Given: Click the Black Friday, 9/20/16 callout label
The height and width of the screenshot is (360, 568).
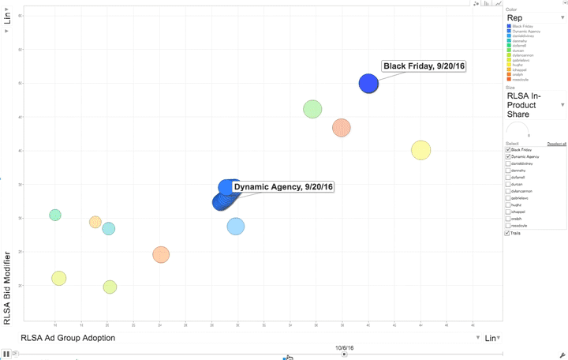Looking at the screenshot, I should pyautogui.click(x=424, y=66).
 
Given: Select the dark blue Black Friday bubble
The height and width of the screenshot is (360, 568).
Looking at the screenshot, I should pyautogui.click(x=368, y=83).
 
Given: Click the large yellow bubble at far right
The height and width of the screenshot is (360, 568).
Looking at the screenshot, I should pyautogui.click(x=420, y=150).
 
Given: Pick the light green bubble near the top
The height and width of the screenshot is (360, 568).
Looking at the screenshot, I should pyautogui.click(x=312, y=109).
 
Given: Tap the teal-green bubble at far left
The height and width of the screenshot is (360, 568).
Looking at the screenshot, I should pyautogui.click(x=54, y=215).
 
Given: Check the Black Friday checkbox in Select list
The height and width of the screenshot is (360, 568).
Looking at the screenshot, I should pyautogui.click(x=508, y=149).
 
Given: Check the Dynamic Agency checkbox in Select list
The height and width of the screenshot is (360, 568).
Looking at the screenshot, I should pyautogui.click(x=508, y=156).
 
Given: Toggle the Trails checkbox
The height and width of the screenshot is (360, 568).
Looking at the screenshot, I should pyautogui.click(x=508, y=233).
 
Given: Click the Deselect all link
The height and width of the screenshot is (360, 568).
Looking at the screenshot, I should pyautogui.click(x=557, y=144).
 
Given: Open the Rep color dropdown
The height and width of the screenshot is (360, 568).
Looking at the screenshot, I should pyautogui.click(x=535, y=17).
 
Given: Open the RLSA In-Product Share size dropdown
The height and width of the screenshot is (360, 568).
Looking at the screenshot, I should pyautogui.click(x=535, y=104).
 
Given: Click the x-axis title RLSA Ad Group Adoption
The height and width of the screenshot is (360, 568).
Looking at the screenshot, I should pyautogui.click(x=68, y=338).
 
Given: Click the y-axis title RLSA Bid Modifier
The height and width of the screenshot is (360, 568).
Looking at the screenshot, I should pyautogui.click(x=8, y=288).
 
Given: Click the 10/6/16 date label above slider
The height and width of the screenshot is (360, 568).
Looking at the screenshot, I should pyautogui.click(x=344, y=347).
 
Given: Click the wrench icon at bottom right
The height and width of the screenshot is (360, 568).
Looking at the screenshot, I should pyautogui.click(x=562, y=354).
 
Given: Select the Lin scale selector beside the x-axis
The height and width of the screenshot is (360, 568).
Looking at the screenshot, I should pyautogui.click(x=491, y=338).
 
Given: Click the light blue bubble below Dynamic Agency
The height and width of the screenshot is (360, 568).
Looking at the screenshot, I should pyautogui.click(x=236, y=227).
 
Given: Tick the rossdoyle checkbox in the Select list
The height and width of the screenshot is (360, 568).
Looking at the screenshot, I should pyautogui.click(x=508, y=226).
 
